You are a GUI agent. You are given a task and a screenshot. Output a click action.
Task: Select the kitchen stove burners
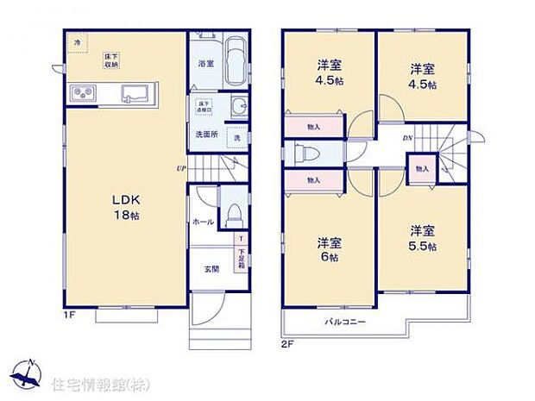[81, 92]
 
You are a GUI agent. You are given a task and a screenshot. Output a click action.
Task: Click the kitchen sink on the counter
[136, 93]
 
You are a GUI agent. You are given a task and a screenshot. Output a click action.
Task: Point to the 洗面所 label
[205, 135]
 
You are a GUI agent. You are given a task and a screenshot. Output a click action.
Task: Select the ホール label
[204, 222]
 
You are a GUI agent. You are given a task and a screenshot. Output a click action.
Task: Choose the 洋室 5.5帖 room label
[422, 237]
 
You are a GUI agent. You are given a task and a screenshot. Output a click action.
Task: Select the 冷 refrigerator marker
[78, 41]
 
